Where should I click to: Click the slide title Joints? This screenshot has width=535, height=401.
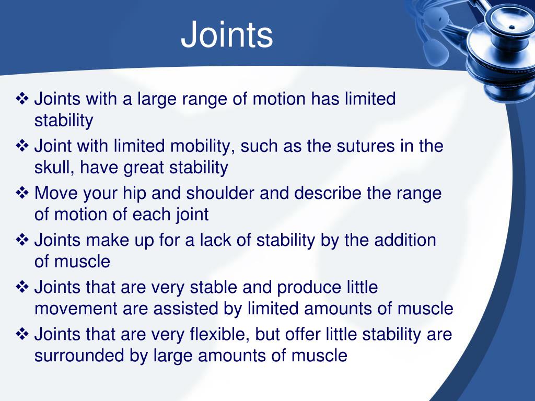(x=227, y=36)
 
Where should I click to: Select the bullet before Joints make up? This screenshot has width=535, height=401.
(x=23, y=240)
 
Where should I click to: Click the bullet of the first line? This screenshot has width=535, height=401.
(x=23, y=99)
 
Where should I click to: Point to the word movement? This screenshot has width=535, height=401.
(x=76, y=309)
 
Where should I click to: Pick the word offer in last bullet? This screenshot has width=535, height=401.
(x=300, y=334)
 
